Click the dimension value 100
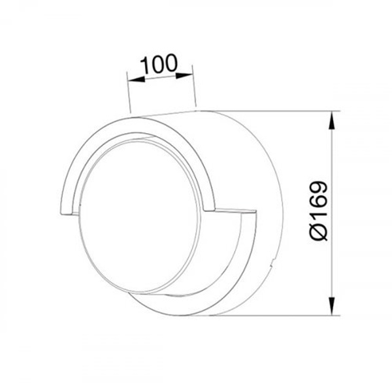[x=159, y=64]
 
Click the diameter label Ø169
[x=318, y=211]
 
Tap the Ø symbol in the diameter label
[x=318, y=232]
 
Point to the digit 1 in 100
[x=144, y=65]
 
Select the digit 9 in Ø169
[x=318, y=188]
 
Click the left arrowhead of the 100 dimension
[x=137, y=80]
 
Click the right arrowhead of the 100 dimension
[x=184, y=75]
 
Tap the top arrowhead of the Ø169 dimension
[x=331, y=120]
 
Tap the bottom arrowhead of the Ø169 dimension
[x=331, y=306]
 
